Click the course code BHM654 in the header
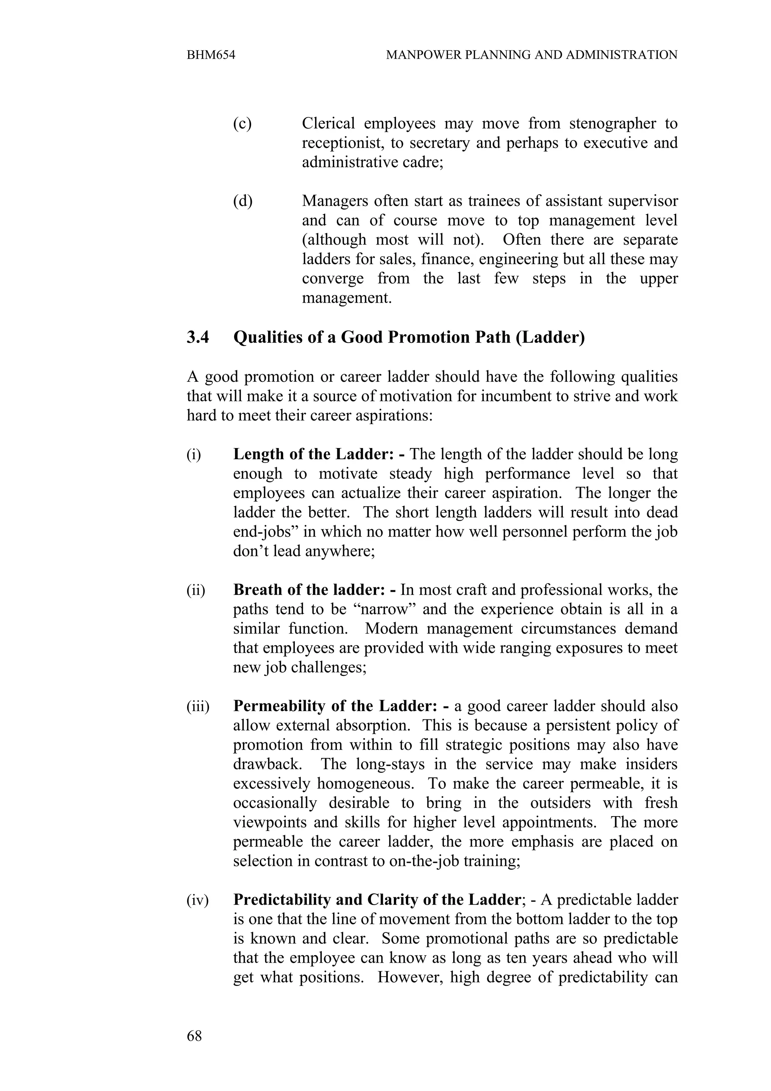click(x=211, y=55)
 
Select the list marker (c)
click(x=242, y=123)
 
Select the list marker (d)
click(x=242, y=201)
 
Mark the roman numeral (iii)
click(x=198, y=707)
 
